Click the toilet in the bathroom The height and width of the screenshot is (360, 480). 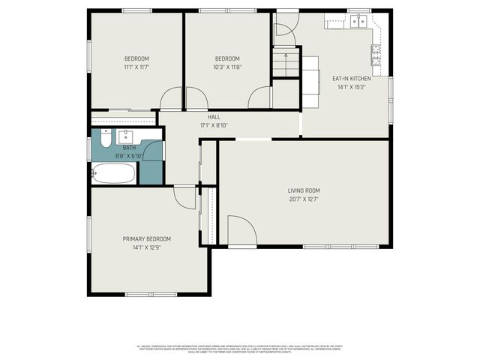pyautogui.click(x=104, y=139)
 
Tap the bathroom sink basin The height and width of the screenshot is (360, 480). pyautogui.click(x=122, y=137)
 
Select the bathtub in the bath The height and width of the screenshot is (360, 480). pyautogui.click(x=114, y=174)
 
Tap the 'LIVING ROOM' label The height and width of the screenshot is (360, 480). pyautogui.click(x=304, y=190)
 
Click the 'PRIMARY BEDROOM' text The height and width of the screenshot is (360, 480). pyautogui.click(x=147, y=239)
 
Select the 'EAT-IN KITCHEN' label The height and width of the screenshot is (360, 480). pyautogui.click(x=352, y=78)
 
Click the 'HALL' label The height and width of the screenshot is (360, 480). pyautogui.click(x=214, y=117)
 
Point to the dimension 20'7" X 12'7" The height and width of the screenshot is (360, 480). pyautogui.click(x=304, y=199)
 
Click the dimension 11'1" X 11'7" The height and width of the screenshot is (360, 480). pyautogui.click(x=136, y=67)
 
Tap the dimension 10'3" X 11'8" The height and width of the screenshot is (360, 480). pyautogui.click(x=227, y=67)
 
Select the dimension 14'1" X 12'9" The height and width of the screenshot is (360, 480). pyautogui.click(x=147, y=247)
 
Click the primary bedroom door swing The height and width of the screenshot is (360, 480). pyautogui.click(x=184, y=197)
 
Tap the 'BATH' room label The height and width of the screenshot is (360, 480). pyautogui.click(x=129, y=148)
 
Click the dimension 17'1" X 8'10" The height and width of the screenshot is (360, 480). pyautogui.click(x=214, y=125)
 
